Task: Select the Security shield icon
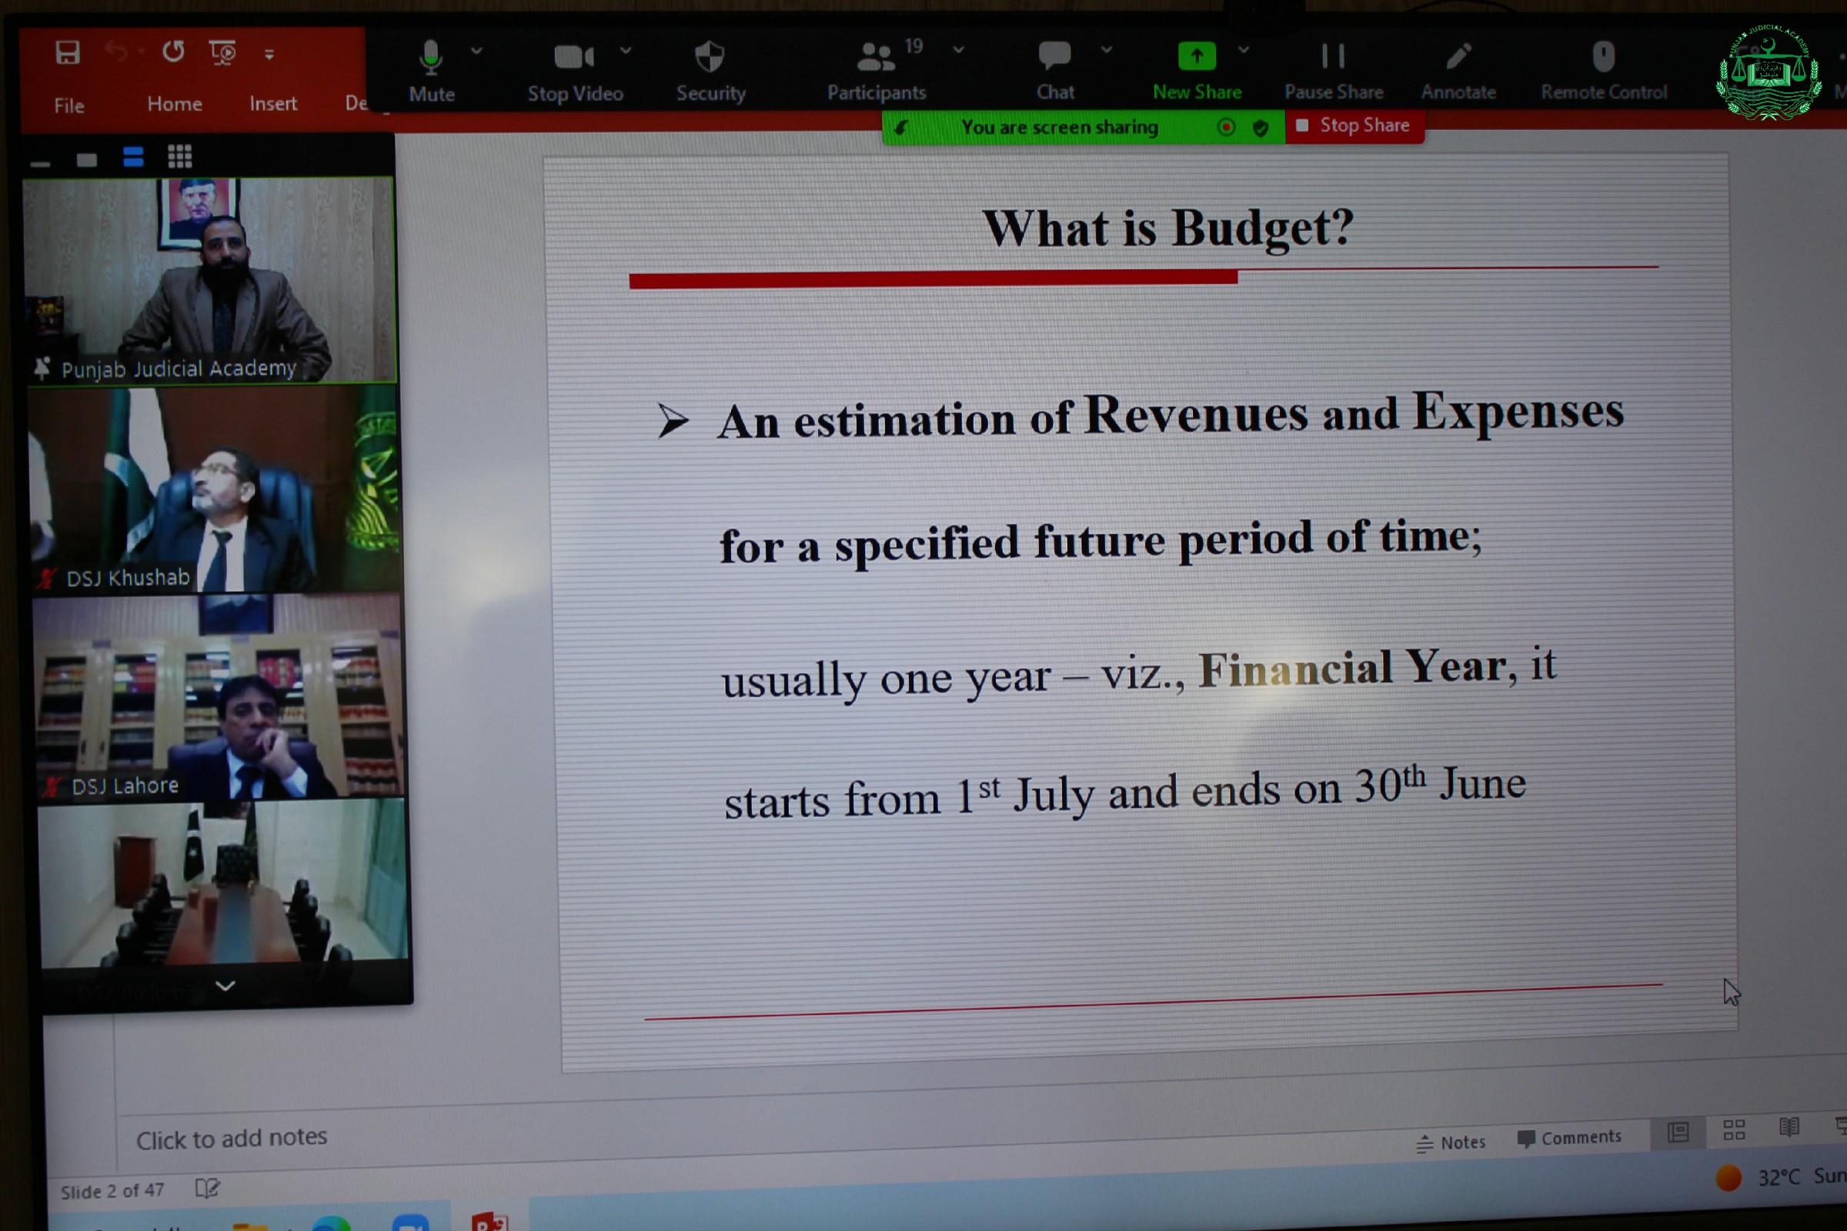tap(710, 56)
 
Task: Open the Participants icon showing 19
tap(877, 56)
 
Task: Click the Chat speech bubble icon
tap(1054, 55)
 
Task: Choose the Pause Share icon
tap(1333, 55)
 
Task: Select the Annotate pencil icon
tap(1458, 55)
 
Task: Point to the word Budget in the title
tap(1263, 229)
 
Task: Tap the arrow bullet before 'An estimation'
tap(673, 421)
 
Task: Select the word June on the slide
tap(1483, 783)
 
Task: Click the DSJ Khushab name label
tap(128, 579)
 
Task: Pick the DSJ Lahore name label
tap(125, 786)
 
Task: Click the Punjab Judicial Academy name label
tap(179, 369)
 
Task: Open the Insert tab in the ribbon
tap(273, 104)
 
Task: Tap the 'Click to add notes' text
tap(232, 1138)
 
